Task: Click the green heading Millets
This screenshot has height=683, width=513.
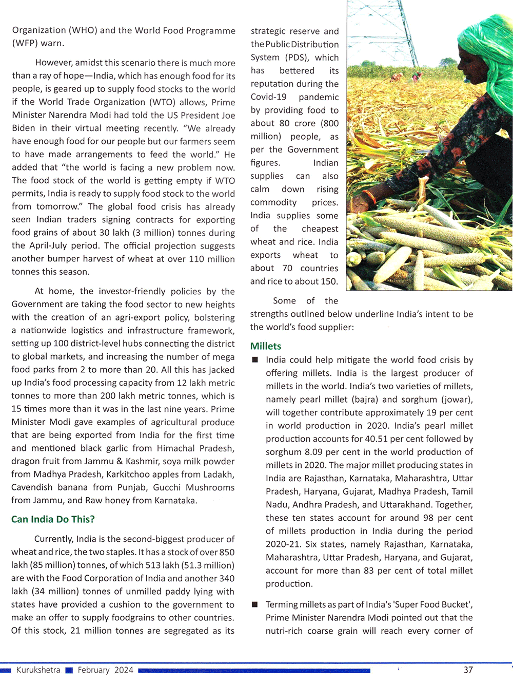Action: click(266, 346)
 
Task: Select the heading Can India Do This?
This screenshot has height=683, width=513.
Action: click(53, 519)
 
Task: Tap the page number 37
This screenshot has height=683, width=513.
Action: click(468, 670)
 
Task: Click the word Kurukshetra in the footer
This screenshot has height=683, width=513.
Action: click(38, 670)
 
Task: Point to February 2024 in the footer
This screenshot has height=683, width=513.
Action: click(105, 670)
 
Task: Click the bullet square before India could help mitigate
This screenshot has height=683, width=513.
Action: click(254, 360)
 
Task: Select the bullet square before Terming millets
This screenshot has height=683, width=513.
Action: click(254, 604)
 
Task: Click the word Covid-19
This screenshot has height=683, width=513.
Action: click(268, 97)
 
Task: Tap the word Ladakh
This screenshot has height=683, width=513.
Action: click(221, 475)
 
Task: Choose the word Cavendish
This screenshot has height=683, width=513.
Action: click(32, 487)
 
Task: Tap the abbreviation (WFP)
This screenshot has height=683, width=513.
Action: click(24, 44)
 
